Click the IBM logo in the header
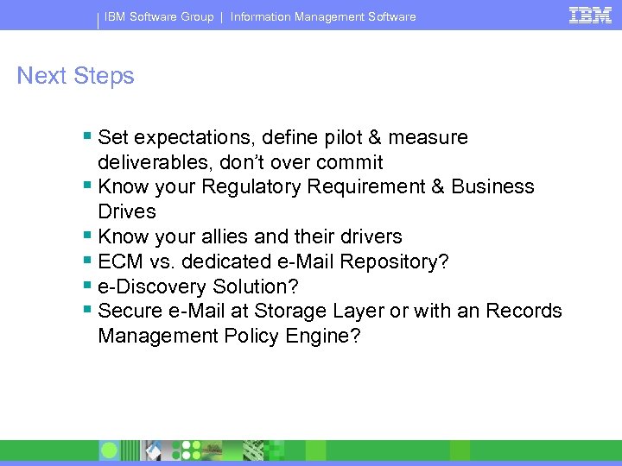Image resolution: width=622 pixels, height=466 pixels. pos(591,15)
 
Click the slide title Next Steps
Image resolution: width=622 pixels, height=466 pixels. pos(76,76)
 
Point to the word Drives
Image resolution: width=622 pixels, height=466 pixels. pos(127,211)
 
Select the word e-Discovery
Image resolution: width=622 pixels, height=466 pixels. pos(149,287)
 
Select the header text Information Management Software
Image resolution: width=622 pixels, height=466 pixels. pos(323,16)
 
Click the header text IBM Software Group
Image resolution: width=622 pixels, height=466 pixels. pos(159,16)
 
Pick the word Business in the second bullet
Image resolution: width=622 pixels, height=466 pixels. pos(492,187)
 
